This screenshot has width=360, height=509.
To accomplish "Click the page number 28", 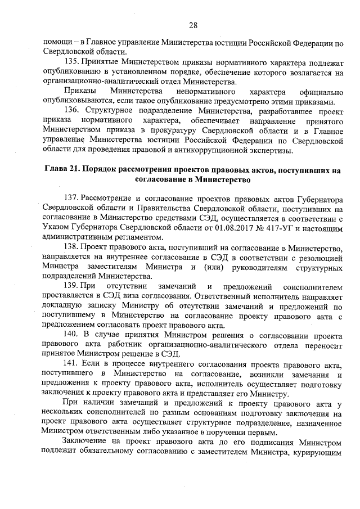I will pyautogui.click(x=192, y=25).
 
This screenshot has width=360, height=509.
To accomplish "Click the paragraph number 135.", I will pyautogui.click(x=73, y=61).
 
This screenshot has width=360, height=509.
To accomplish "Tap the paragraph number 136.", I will pyautogui.click(x=73, y=111).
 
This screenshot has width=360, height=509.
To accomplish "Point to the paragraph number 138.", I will pyautogui.click(x=73, y=247).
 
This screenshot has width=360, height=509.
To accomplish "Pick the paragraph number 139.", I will pyautogui.click(x=73, y=287).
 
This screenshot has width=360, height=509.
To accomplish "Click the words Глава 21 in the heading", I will pyautogui.click(x=61, y=170).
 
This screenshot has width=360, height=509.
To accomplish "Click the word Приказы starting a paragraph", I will pyautogui.click(x=79, y=91).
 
